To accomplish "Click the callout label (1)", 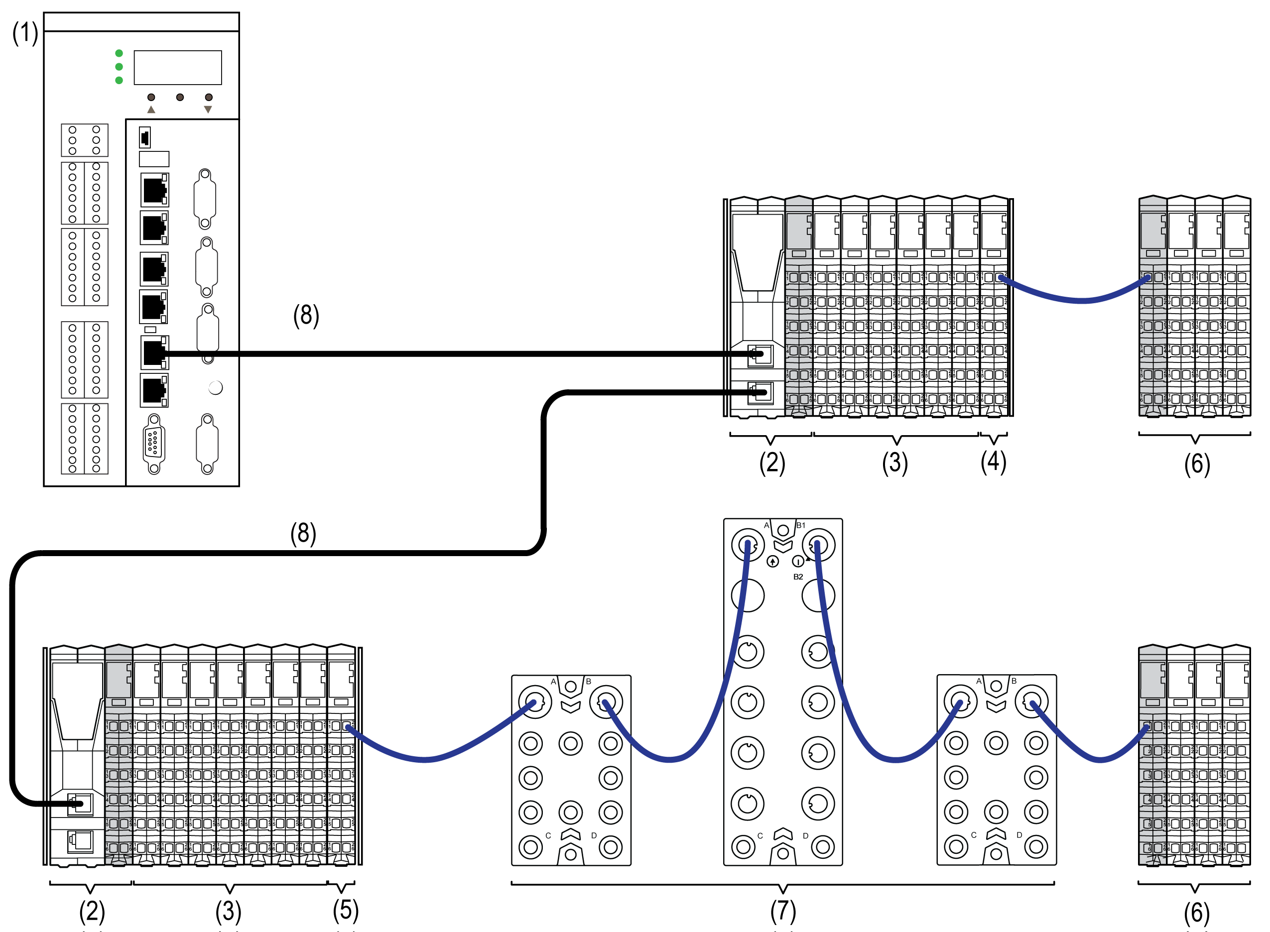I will click(x=25, y=33).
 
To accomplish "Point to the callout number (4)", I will click(x=993, y=462).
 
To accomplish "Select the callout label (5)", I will click(x=345, y=910).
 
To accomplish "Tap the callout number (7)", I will click(x=783, y=911).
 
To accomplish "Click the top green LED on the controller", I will click(x=119, y=54).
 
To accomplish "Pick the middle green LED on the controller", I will click(x=119, y=67).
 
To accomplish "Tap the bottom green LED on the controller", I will click(x=119, y=81).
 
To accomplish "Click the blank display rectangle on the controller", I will click(x=178, y=68).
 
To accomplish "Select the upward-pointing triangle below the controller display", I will click(x=151, y=110).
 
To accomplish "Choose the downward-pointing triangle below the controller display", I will click(x=208, y=110).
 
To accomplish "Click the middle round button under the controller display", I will click(x=180, y=98).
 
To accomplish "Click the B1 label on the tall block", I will click(x=801, y=525).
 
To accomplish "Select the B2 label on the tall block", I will click(x=798, y=577).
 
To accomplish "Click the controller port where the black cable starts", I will click(x=154, y=353).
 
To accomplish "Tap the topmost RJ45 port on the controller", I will click(x=154, y=190).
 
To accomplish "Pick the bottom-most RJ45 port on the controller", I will click(x=154, y=390).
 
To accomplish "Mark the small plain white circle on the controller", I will click(x=216, y=387).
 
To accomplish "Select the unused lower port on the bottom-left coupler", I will click(x=80, y=841).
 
